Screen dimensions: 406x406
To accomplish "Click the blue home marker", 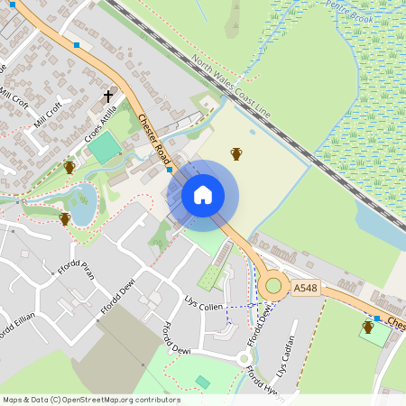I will pos(202,195).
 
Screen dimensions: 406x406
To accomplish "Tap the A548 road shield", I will pos(305,288).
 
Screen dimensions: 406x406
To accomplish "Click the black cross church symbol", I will pos(108,95).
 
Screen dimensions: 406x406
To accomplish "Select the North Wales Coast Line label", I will pos(231,86).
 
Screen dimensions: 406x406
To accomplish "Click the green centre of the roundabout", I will pos(272,287).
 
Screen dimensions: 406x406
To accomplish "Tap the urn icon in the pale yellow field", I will pos(236,153).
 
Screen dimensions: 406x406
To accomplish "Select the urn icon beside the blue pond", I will pos(64,218).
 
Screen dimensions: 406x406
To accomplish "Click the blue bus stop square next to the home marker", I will pos(169,169).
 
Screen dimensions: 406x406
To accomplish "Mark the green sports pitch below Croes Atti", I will pos(106,147).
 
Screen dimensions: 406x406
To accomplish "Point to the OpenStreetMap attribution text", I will pos(91,400).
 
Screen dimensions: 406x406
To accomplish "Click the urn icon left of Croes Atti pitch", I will pos(69,167).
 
